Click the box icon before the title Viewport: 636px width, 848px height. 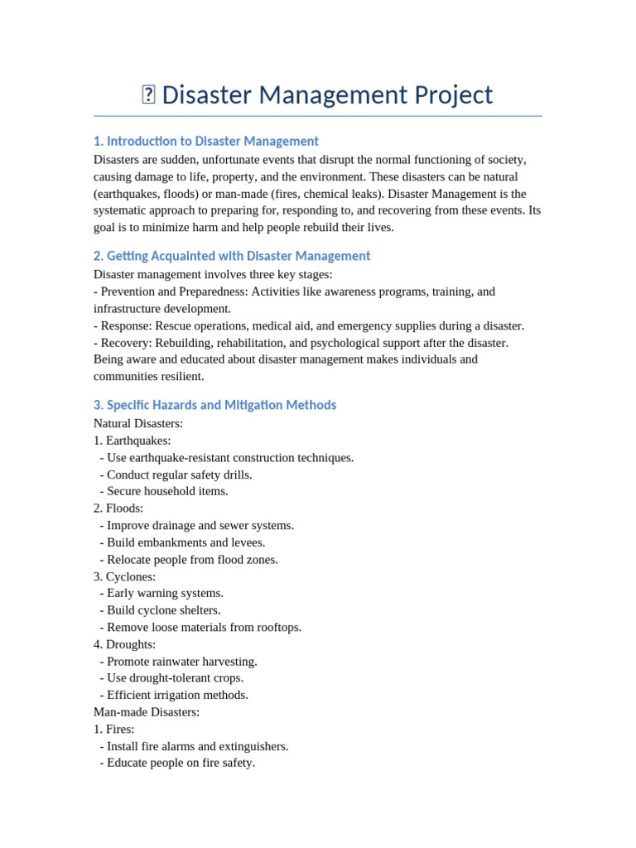point(148,95)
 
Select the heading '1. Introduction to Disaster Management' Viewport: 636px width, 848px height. point(206,141)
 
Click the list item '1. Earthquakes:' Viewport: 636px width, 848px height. point(132,441)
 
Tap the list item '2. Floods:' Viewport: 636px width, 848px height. point(118,508)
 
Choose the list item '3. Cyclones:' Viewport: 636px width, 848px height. point(124,576)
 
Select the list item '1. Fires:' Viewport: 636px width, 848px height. point(114,730)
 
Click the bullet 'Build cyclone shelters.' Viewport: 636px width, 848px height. point(163,610)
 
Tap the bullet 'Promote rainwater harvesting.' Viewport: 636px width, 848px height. point(181,662)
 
